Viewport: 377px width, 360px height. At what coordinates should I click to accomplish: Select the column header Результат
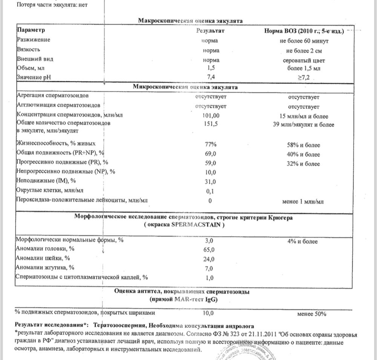pyautogui.click(x=210, y=31)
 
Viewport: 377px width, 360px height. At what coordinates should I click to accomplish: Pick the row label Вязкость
pyautogui.click(x=28, y=49)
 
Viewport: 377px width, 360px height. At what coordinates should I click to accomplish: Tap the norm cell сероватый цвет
pyautogui.click(x=303, y=60)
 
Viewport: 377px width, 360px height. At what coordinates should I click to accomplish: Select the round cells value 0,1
pyautogui.click(x=210, y=191)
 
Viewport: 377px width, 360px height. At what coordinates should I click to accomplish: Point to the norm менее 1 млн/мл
pyautogui.click(x=303, y=201)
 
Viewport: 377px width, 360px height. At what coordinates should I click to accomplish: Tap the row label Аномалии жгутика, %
pyautogui.click(x=44, y=268)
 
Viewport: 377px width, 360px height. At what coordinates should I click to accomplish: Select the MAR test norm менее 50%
pyautogui.click(x=311, y=313)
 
